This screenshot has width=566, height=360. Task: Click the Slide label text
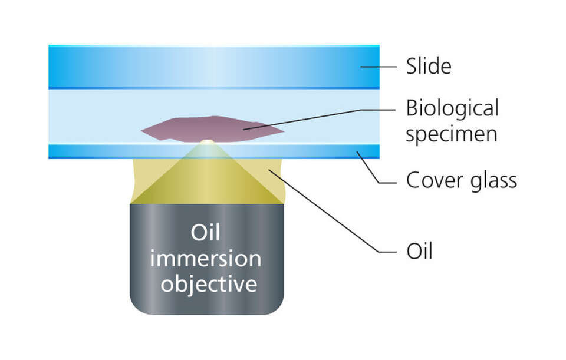click(x=428, y=67)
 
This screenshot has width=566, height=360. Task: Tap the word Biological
click(x=452, y=109)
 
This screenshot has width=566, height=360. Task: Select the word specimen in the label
click(x=451, y=134)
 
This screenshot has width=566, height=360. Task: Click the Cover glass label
click(x=461, y=180)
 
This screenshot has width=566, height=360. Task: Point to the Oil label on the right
click(x=420, y=252)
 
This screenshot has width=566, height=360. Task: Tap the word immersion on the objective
click(x=205, y=259)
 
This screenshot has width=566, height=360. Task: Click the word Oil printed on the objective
click(x=206, y=233)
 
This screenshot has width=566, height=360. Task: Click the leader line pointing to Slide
click(x=377, y=67)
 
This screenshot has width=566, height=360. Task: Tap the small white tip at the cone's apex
click(x=207, y=141)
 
